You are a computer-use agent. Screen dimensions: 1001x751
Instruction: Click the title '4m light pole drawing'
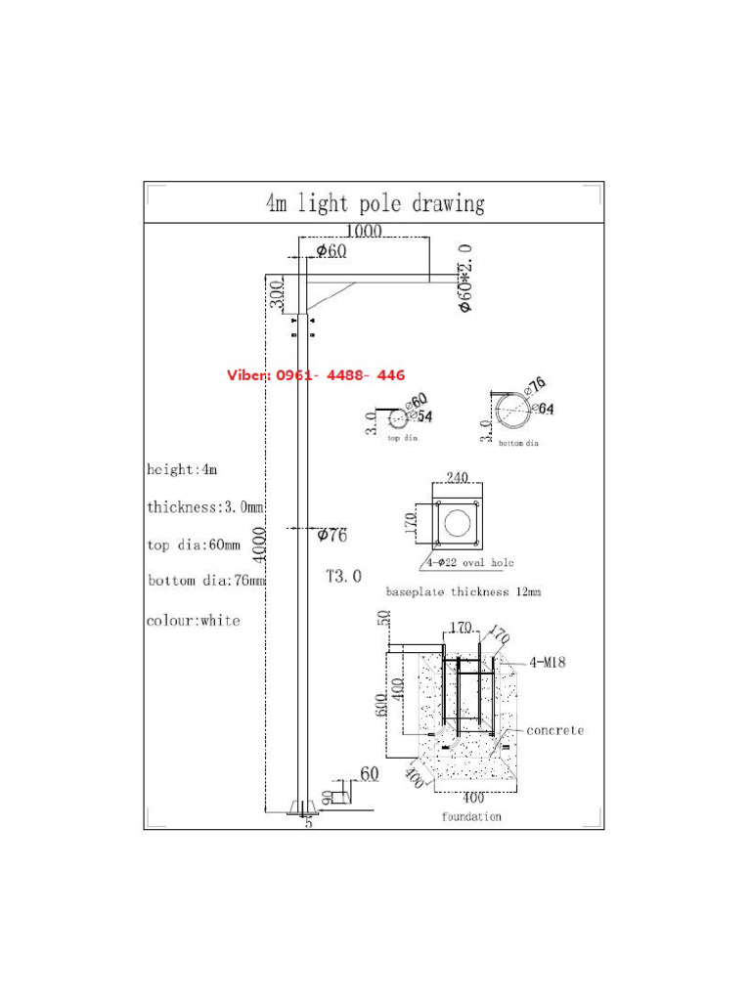pyautogui.click(x=375, y=203)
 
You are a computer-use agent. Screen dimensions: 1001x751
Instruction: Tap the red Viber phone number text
pyautogui.click(x=316, y=375)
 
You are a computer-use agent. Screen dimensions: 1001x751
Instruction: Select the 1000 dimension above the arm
pyautogui.click(x=363, y=231)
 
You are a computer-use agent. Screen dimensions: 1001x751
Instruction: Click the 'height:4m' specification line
pyautogui.click(x=182, y=469)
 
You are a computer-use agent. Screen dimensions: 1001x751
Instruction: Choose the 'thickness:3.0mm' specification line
pyautogui.click(x=205, y=506)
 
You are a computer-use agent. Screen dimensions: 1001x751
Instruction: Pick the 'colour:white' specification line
pyautogui.click(x=193, y=620)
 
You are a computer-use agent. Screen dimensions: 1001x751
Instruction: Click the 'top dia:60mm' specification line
pyautogui.click(x=194, y=544)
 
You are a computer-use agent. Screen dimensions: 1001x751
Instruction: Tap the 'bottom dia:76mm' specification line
pyautogui.click(x=205, y=581)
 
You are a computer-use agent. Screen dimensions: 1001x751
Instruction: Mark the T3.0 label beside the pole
pyautogui.click(x=343, y=577)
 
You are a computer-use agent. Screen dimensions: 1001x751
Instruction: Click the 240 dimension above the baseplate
pyautogui.click(x=458, y=478)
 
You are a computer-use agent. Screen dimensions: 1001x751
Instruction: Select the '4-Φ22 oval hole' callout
pyautogui.click(x=469, y=563)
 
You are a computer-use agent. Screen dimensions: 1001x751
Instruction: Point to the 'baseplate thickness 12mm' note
pyautogui.click(x=464, y=591)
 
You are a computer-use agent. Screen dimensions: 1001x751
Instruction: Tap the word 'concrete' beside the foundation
pyautogui.click(x=554, y=730)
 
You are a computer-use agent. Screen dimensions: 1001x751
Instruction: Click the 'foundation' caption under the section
pyautogui.click(x=470, y=816)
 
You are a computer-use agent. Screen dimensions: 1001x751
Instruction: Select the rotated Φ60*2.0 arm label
pyautogui.click(x=465, y=279)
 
